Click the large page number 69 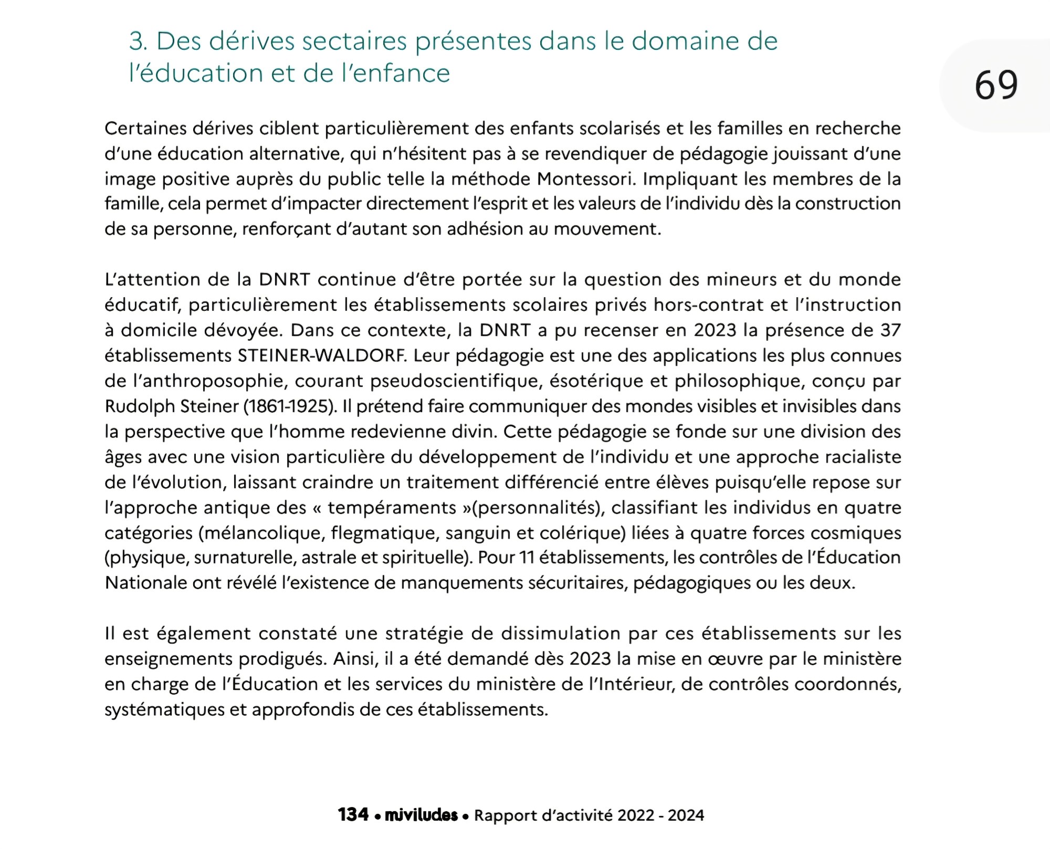[x=996, y=85]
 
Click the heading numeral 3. [x=138, y=41]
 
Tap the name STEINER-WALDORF [x=322, y=355]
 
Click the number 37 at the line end [x=890, y=330]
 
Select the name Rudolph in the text [x=140, y=406]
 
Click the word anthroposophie [x=210, y=381]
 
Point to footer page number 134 [x=353, y=815]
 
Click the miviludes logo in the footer [x=421, y=815]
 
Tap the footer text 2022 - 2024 [x=660, y=815]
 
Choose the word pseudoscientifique [x=456, y=381]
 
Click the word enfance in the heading [x=401, y=74]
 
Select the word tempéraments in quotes [x=392, y=508]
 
